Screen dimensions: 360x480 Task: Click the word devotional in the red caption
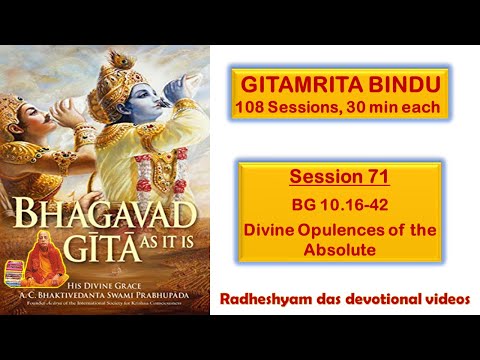coord(384,299)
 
